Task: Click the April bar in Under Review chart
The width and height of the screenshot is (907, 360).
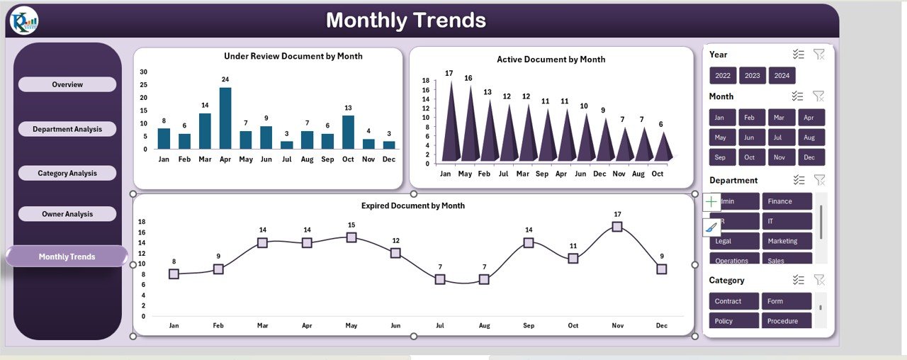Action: pos(225,118)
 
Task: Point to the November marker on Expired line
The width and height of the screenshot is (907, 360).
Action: pos(617,227)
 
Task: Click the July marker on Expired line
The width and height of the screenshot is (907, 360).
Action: pos(440,279)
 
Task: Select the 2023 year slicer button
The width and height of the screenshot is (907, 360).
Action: pos(753,76)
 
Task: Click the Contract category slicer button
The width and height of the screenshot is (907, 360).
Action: pos(734,301)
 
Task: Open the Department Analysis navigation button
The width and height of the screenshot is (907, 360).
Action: pos(67,129)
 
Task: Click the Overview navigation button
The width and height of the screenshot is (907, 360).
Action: pos(67,84)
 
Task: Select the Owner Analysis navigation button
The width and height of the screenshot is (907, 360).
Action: pos(67,214)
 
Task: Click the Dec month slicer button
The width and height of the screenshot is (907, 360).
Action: pos(811,157)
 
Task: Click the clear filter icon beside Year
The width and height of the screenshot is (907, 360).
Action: pos(818,55)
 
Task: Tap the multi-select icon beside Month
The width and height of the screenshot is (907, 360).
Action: pos(798,96)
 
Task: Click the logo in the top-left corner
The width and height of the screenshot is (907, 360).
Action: pos(24,21)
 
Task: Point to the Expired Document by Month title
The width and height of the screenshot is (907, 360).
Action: pos(413,206)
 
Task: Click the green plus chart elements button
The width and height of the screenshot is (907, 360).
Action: pos(712,202)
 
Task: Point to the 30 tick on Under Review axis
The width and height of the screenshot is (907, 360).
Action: pos(144,72)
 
